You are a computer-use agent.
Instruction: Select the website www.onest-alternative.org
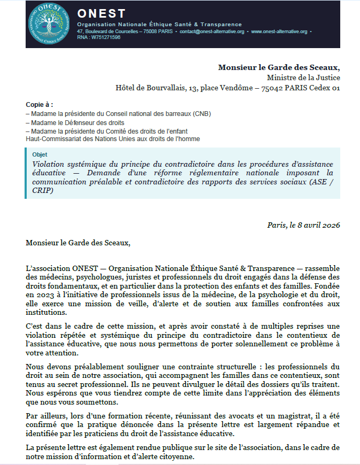[279, 32]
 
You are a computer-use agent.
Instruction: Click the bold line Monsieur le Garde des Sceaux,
[279, 67]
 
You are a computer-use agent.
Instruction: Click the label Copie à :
[40, 105]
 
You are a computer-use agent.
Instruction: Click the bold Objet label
[40, 154]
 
